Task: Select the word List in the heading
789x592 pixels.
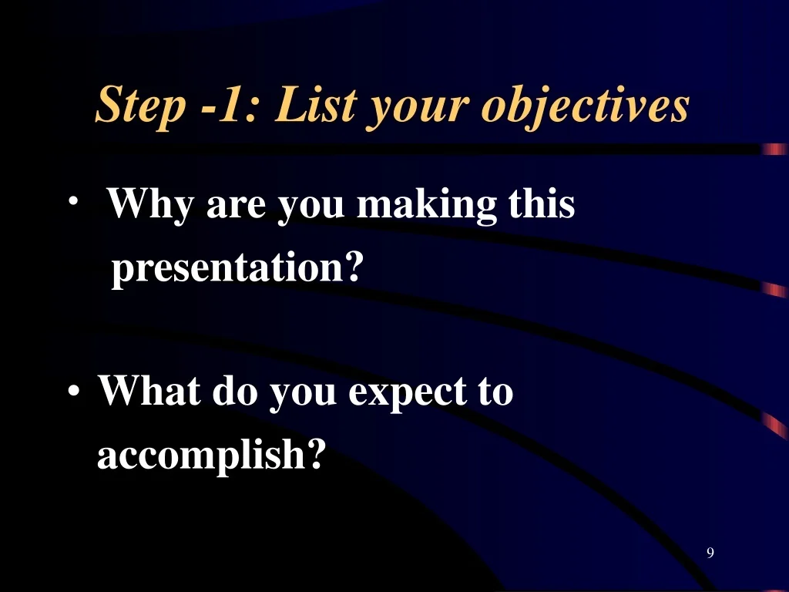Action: pyautogui.click(x=317, y=104)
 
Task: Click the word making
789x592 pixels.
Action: pyautogui.click(x=427, y=204)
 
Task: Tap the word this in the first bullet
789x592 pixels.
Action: pyautogui.click(x=542, y=203)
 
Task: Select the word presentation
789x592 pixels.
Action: pyautogui.click(x=228, y=267)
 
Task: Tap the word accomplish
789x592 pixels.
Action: pyautogui.click(x=201, y=454)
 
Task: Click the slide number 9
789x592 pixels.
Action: pyautogui.click(x=710, y=553)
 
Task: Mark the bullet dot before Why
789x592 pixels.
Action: pyautogui.click(x=73, y=200)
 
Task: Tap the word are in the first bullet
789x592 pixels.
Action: pyautogui.click(x=236, y=207)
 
